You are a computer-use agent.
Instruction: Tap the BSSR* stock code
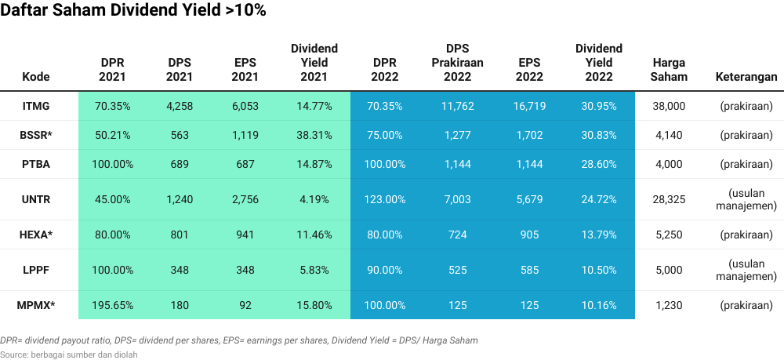click(x=36, y=135)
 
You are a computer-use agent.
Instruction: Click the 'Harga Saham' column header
click(x=669, y=70)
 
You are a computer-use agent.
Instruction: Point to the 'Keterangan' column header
click(x=746, y=77)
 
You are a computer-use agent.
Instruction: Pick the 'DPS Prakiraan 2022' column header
click(x=457, y=63)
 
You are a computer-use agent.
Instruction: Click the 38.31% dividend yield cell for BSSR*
click(x=314, y=135)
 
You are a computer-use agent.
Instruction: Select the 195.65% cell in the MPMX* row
click(x=113, y=305)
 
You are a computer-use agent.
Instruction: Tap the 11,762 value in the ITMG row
click(x=457, y=106)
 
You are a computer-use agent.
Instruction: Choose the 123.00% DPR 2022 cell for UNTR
click(x=386, y=200)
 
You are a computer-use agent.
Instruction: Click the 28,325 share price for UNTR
click(x=669, y=200)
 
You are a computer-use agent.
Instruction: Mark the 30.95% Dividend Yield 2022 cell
click(x=598, y=106)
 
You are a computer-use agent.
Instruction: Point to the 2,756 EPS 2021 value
click(x=245, y=200)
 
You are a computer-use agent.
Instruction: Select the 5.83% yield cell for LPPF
click(x=314, y=270)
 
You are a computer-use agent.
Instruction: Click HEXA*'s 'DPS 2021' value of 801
click(x=179, y=235)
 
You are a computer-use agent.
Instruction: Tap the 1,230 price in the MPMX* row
click(x=669, y=305)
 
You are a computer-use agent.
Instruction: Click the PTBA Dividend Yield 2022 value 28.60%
click(x=598, y=165)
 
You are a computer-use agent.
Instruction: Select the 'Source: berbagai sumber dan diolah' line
click(x=69, y=355)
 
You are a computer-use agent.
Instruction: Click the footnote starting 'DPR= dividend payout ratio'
click(x=238, y=340)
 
